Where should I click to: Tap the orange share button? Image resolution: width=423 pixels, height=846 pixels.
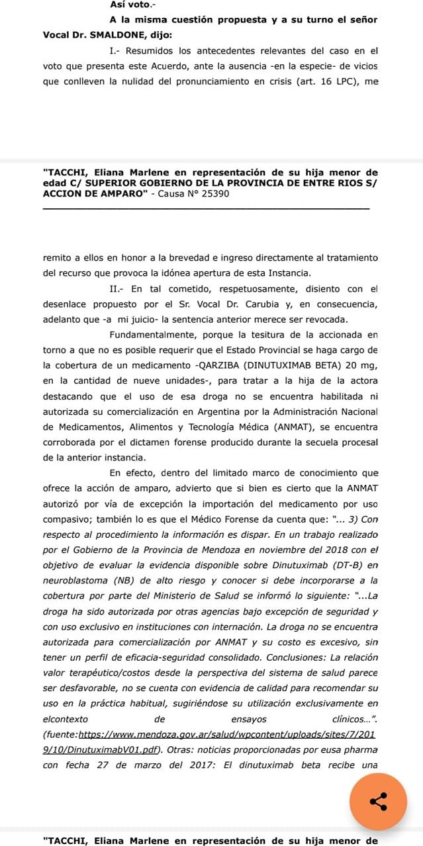pyautogui.click(x=379, y=802)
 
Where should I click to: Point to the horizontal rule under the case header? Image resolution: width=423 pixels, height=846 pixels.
pyautogui.click(x=206, y=209)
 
